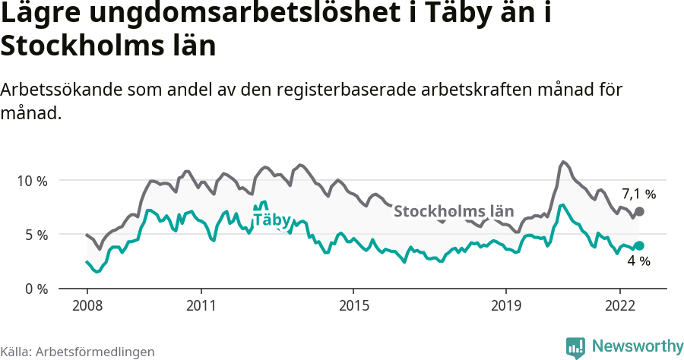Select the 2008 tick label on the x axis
point(87,305)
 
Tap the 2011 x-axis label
point(201,305)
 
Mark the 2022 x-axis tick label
point(619,305)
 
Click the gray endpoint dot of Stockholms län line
point(639,211)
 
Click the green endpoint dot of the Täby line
point(639,245)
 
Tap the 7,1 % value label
point(638,193)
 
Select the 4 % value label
point(638,261)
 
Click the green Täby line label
point(271,220)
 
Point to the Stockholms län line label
point(454,211)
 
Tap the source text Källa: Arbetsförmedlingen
point(78,352)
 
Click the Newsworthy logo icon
point(575,347)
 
